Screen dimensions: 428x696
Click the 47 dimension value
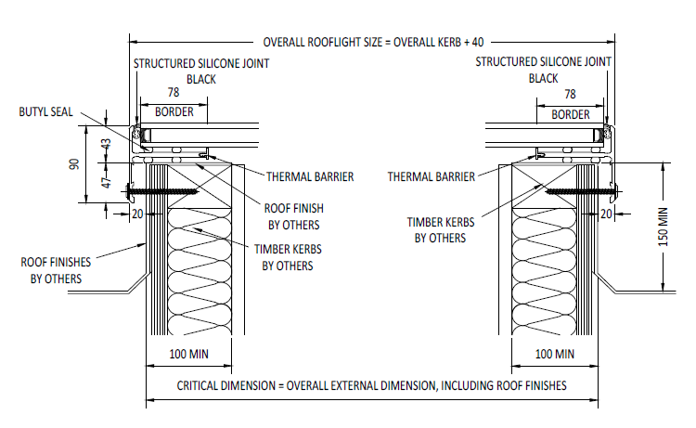(105, 183)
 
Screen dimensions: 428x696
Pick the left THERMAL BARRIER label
(310, 176)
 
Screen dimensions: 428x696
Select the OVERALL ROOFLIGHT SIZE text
(373, 42)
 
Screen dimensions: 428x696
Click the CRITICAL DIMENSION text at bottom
(371, 384)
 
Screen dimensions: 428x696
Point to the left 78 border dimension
(174, 94)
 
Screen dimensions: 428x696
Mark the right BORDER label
(570, 114)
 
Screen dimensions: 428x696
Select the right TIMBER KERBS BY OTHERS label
(435, 229)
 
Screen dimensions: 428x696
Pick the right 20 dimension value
(607, 214)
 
